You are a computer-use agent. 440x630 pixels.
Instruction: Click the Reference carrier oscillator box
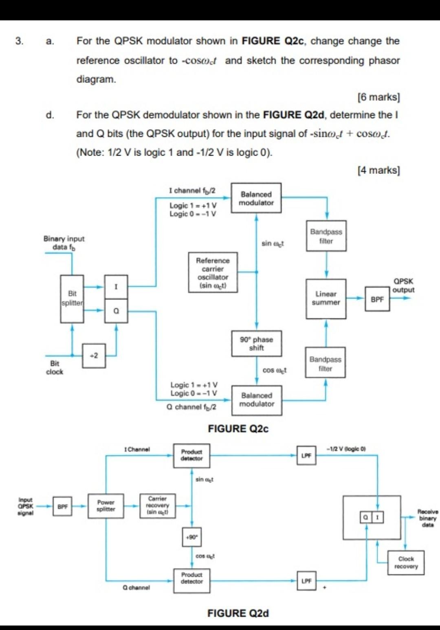213,272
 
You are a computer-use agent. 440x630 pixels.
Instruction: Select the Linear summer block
326,299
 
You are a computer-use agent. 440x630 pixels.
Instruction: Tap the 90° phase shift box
256,343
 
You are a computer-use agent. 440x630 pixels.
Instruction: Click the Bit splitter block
72,299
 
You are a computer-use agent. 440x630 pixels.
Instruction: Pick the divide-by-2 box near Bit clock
94,356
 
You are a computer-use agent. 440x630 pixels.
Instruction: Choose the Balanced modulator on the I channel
256,198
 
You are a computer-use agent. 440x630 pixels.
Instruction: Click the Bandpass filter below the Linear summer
325,363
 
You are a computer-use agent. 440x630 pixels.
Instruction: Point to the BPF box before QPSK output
377,299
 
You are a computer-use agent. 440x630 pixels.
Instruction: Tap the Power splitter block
106,506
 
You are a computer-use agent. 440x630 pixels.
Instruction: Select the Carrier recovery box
158,506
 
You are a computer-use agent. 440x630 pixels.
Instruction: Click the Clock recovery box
406,562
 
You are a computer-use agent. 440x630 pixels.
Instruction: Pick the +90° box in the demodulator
191,537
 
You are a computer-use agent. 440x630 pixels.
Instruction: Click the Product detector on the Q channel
191,578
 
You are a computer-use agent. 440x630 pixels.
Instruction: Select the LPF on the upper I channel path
306,455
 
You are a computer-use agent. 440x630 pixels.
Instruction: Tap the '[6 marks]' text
378,97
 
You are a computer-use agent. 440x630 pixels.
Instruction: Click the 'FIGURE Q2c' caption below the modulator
238,429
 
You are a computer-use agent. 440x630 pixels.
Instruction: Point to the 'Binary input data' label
64,243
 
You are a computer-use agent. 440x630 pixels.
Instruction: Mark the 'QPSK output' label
403,285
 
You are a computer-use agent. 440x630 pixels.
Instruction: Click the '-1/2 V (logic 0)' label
346,449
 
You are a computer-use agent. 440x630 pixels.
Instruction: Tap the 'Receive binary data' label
427,518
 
